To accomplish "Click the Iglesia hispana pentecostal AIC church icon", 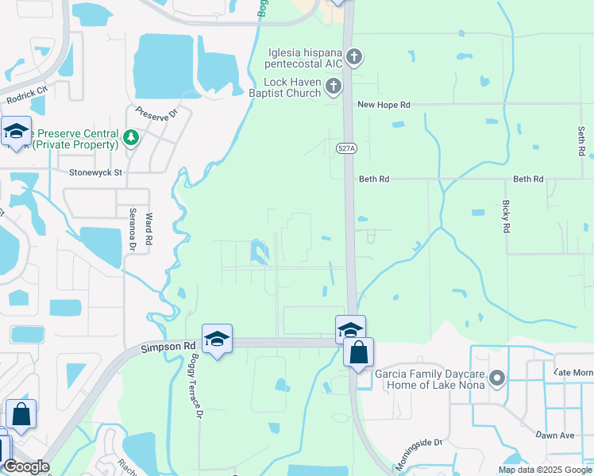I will click(354, 56).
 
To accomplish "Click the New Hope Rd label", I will click(384, 104).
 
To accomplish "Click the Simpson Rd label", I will click(168, 347).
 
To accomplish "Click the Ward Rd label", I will click(148, 227).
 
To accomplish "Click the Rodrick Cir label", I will click(27, 94).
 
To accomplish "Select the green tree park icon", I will click(131, 139).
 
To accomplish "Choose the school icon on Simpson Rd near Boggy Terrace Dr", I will click(217, 339).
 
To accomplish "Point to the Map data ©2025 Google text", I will click(545, 470).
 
